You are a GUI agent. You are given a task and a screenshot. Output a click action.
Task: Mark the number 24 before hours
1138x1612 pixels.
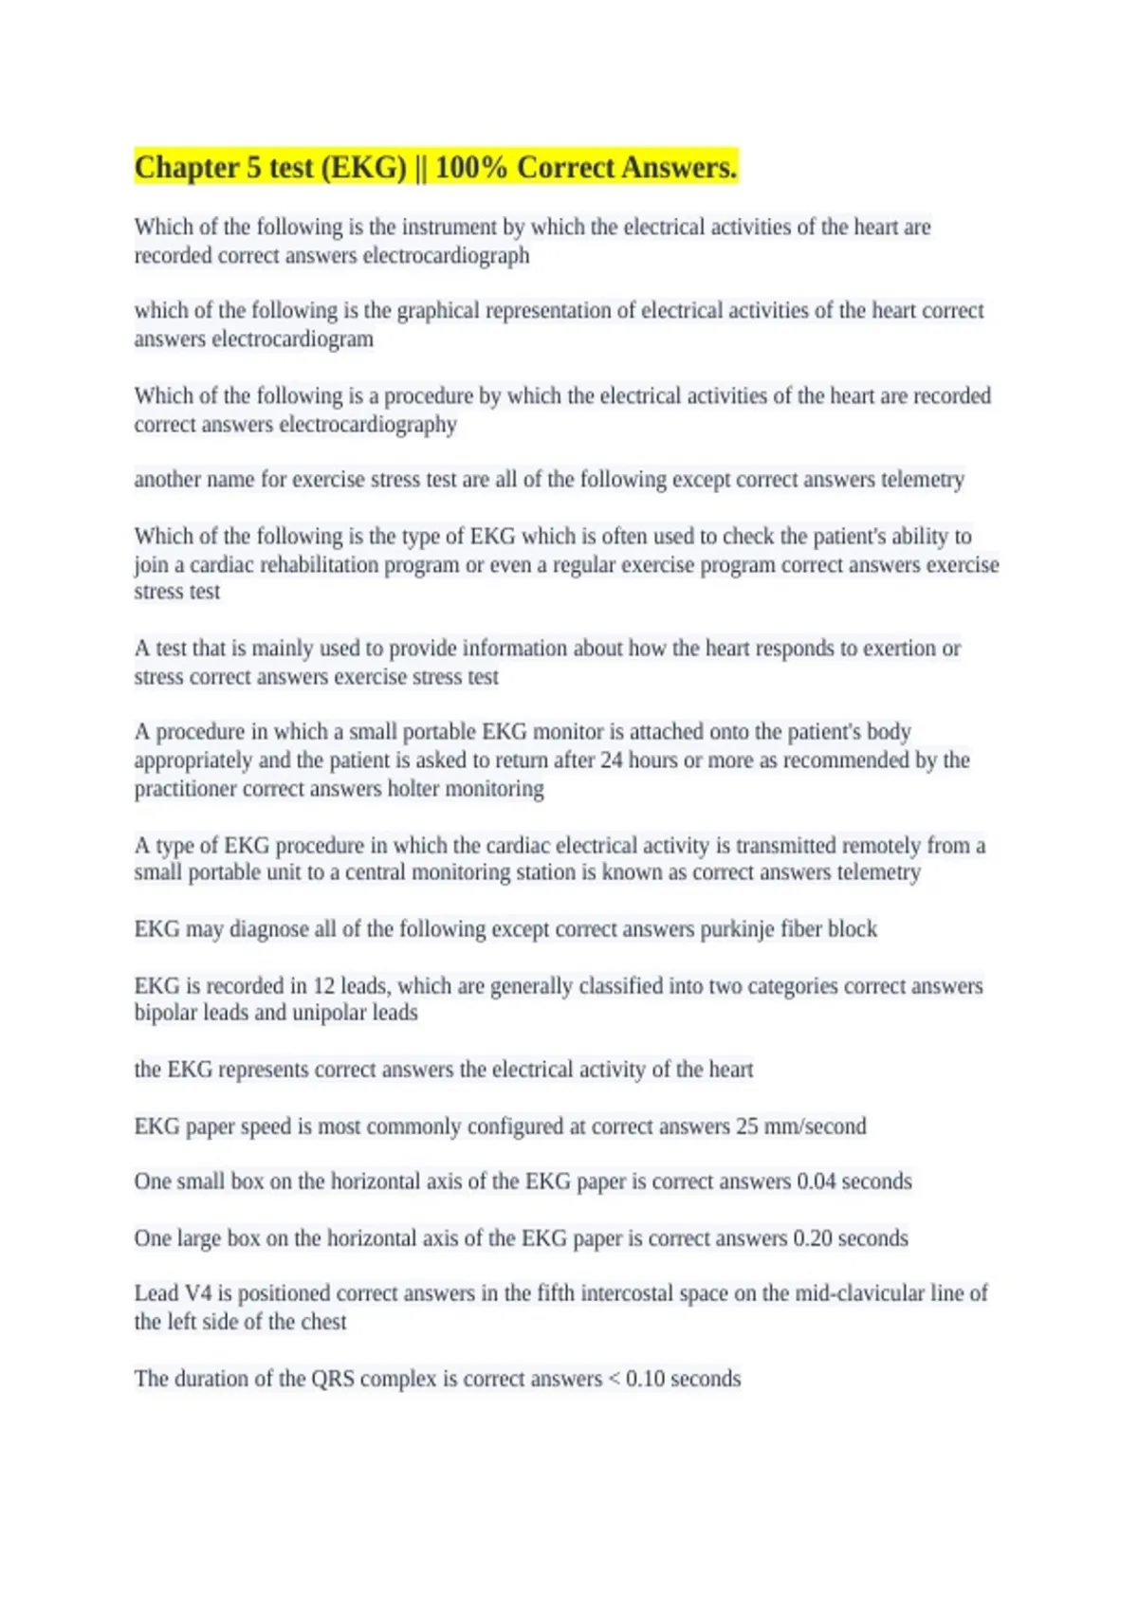click(613, 760)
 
